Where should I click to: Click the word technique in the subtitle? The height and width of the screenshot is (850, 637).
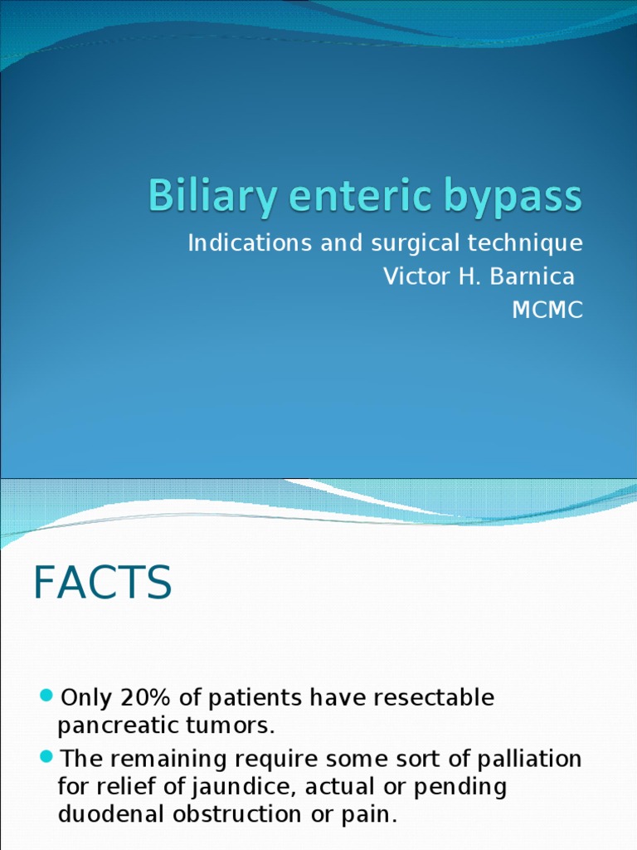click(x=527, y=245)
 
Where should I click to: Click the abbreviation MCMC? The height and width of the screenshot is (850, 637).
click(x=547, y=310)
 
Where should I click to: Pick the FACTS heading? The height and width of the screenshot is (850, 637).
click(x=103, y=583)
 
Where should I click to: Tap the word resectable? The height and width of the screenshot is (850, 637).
click(x=433, y=697)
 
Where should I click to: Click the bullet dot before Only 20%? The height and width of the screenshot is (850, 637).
click(x=46, y=695)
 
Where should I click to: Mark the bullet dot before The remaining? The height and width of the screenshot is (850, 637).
click(x=46, y=757)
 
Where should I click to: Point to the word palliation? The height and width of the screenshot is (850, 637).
click(x=531, y=760)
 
